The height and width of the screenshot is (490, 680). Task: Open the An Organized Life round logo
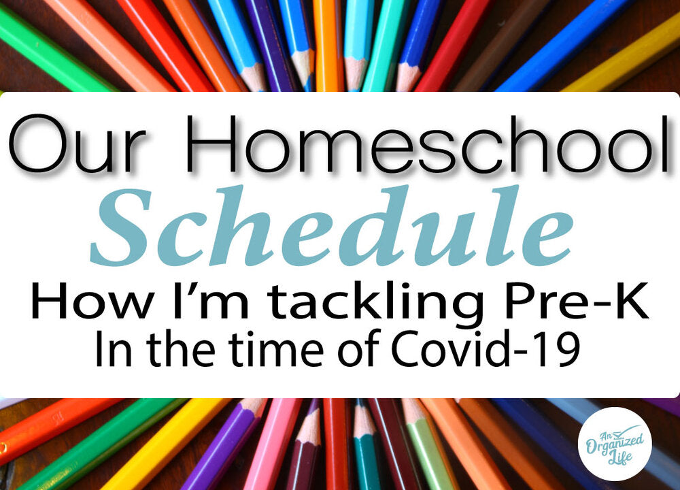coord(615,444)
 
